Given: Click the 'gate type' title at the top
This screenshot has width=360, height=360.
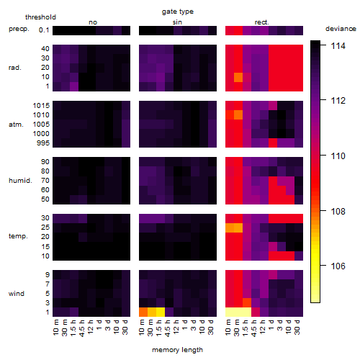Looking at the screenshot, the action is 178,12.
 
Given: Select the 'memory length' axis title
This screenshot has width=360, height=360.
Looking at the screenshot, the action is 177,350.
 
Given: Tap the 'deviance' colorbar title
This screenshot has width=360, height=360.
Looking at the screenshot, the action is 341,29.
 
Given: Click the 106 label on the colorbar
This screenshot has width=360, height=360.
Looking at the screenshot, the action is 338,266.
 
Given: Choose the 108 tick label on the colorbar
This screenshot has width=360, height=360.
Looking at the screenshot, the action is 338,211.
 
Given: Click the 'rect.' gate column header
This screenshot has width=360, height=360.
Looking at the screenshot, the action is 261,22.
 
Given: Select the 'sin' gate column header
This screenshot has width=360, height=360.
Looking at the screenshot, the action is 177,22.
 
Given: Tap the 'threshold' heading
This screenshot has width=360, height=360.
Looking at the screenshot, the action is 40,17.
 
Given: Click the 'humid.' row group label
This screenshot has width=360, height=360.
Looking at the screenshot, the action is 20,181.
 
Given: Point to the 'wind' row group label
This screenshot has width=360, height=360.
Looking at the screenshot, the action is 17,294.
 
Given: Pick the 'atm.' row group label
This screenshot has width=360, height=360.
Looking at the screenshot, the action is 16,125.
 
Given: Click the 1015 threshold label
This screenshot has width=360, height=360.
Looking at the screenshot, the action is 41,106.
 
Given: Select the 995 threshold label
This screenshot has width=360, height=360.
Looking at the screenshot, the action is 43,143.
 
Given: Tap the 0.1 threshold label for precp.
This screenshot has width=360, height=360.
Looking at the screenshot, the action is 44,30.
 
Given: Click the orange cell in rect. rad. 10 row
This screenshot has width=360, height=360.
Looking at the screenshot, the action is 238,77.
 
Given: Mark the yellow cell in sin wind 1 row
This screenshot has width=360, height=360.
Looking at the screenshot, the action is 161,312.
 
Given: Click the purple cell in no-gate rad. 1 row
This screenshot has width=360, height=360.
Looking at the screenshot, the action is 74,86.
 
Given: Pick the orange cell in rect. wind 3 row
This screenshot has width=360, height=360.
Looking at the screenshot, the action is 247,302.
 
